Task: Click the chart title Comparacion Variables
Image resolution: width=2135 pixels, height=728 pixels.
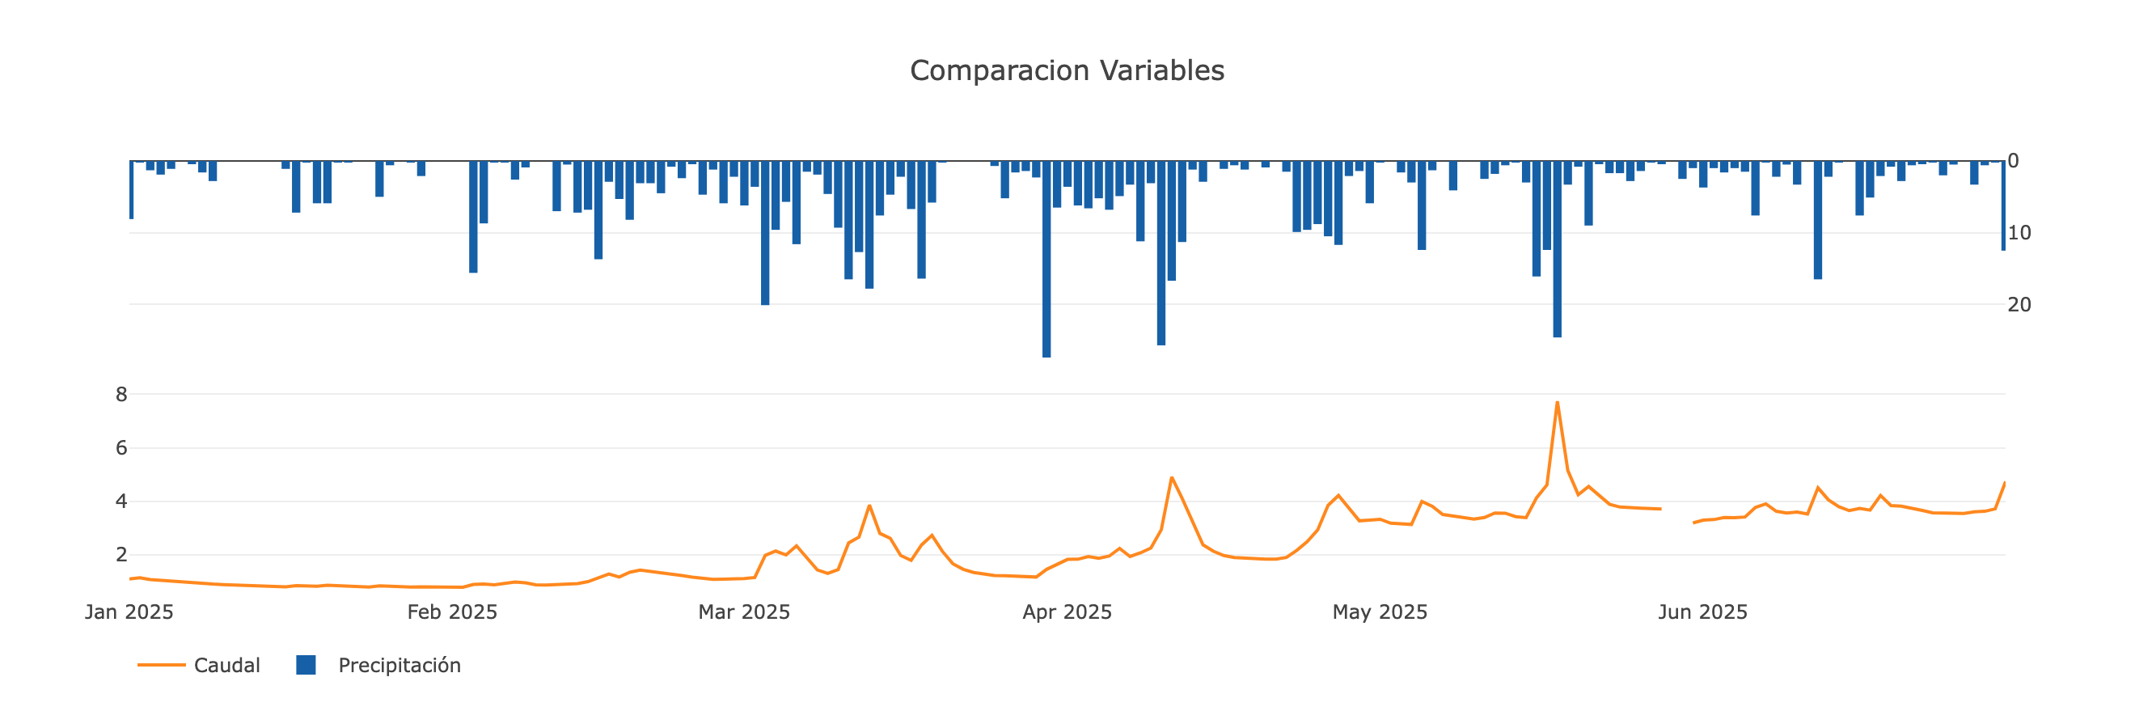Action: pos(1067,70)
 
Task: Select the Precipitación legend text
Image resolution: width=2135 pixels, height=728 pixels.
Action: pos(399,665)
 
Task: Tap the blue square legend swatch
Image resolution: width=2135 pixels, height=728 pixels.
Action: pos(306,665)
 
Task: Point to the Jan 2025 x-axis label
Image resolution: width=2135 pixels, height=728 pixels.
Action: pos(129,612)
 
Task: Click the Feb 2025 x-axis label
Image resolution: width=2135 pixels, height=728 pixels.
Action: pos(452,612)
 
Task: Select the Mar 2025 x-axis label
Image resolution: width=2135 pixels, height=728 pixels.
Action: pos(743,612)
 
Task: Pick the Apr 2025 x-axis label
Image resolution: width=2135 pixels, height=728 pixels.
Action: pos(1067,612)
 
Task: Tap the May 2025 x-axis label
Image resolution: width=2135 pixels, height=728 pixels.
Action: pos(1379,612)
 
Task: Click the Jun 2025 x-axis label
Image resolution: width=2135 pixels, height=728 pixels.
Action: pos(1702,612)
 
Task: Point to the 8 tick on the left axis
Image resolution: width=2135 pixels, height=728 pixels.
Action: pos(121,395)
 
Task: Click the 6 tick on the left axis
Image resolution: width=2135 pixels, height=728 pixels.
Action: pos(121,448)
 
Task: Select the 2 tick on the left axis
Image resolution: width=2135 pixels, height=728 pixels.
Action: pos(121,555)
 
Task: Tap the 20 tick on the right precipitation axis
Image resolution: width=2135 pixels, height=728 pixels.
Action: pos(2019,304)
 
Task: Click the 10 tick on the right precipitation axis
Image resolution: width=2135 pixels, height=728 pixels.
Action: pos(2019,233)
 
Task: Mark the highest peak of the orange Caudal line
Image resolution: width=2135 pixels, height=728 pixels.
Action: pos(1558,403)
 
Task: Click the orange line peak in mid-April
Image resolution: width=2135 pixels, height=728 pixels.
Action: pos(1171,477)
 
